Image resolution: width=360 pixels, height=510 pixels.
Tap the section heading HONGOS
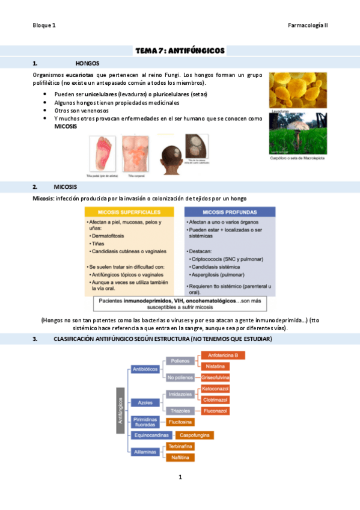point(87,63)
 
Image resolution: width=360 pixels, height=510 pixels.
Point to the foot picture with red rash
point(102,154)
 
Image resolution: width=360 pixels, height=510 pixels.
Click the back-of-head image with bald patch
point(169,155)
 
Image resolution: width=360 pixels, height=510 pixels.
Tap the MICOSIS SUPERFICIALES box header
point(129,212)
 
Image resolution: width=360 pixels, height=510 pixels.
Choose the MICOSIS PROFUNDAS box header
point(230,212)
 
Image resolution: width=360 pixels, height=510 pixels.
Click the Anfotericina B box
point(223,355)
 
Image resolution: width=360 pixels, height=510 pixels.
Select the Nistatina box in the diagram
point(215,366)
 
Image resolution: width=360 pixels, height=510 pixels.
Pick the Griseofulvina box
point(216,377)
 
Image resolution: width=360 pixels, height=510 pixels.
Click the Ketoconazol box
point(215,389)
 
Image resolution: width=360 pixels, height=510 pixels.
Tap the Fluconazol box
point(215,411)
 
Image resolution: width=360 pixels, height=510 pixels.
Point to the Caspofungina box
point(191,434)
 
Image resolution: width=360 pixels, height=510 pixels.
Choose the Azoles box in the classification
point(145,402)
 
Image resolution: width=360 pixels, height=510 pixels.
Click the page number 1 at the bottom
point(180,478)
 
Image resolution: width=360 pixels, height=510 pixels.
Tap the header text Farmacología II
point(308,26)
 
